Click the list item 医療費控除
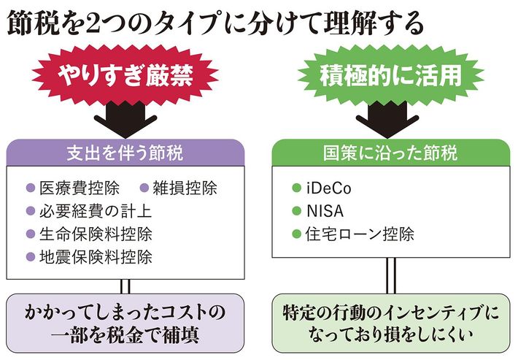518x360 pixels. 76,188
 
